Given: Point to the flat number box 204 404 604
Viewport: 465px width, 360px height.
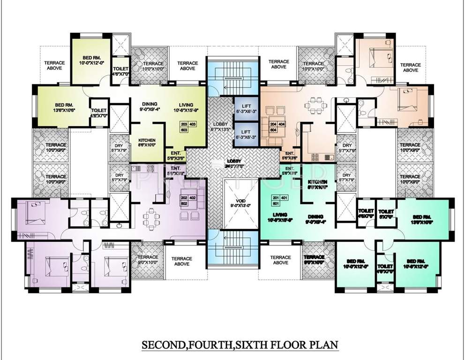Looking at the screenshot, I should click(x=277, y=127).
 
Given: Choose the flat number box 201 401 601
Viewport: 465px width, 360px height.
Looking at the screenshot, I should click(x=277, y=200).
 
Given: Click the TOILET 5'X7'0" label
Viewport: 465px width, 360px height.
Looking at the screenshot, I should click(x=386, y=214).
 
